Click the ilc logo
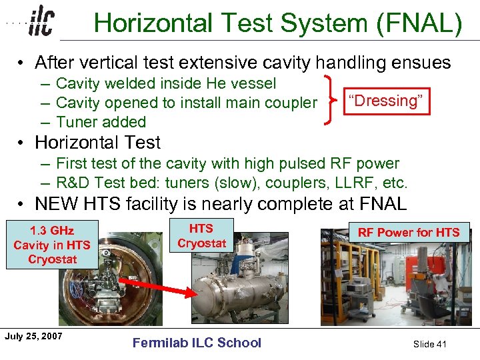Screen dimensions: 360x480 [x=41, y=23]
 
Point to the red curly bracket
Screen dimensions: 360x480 [x=330, y=101]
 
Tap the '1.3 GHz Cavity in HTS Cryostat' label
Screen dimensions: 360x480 [x=52, y=245]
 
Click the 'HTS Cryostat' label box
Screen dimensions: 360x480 [x=201, y=235]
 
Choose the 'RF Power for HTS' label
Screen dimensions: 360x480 [x=408, y=232]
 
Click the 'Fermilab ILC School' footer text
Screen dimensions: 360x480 [x=197, y=343]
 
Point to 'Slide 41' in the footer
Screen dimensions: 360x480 [x=429, y=344]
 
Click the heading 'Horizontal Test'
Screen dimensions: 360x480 [x=97, y=143]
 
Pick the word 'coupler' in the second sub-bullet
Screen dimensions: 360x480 [x=290, y=103]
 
